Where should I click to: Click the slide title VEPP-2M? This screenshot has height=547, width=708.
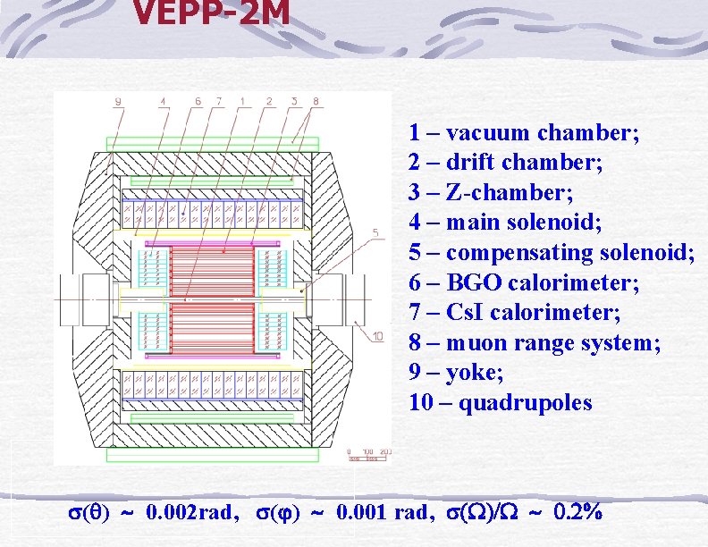[211, 13]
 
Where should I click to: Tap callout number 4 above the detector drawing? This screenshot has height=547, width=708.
[163, 102]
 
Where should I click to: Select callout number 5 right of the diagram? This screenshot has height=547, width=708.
[375, 234]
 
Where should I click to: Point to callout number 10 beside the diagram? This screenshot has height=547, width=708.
[377, 336]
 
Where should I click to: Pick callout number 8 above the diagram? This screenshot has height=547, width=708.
[315, 102]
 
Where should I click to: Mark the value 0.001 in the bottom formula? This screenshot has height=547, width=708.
[363, 513]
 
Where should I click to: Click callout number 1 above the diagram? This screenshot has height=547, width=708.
[243, 102]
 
